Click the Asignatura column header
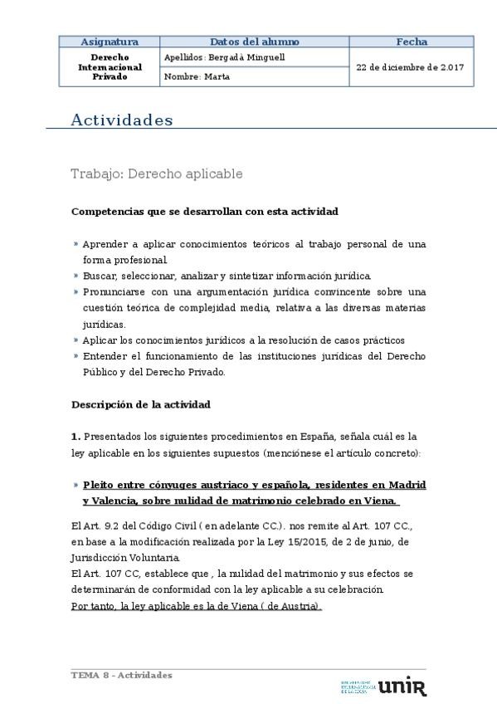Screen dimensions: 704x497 coord(109,42)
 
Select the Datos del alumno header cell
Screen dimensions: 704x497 coord(254,42)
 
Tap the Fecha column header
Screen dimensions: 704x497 coord(412,42)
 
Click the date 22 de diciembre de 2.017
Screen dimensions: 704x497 coord(410,67)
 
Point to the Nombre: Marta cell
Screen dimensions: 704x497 coord(197,76)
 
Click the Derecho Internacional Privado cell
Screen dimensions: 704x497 coord(110,67)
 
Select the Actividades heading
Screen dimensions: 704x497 coord(122,120)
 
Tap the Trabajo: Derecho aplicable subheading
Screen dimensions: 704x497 coord(157,174)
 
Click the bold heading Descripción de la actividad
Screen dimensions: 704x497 coord(140,404)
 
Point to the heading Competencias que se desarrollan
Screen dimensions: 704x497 coord(204,212)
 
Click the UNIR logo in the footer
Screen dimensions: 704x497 coord(402,686)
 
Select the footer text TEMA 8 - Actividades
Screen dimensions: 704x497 coord(121,675)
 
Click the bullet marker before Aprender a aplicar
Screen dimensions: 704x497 coord(76,244)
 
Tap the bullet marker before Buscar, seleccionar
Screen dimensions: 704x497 coord(76,276)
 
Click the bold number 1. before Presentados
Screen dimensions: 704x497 coord(76,435)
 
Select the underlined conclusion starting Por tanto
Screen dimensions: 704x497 coord(196,605)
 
